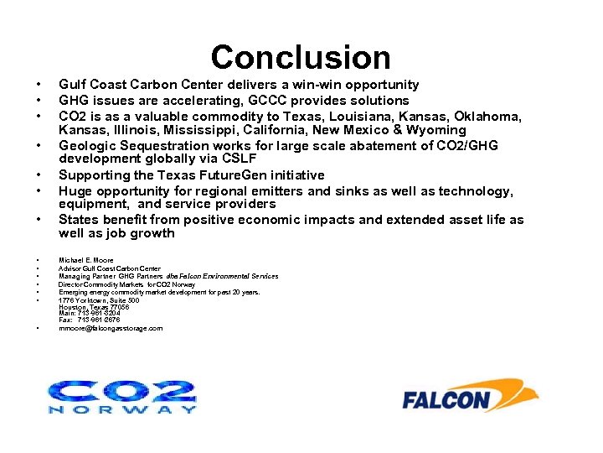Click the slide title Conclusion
(x=301, y=57)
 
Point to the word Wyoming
(x=435, y=130)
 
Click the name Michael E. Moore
(x=86, y=261)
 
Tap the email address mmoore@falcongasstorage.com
(x=111, y=328)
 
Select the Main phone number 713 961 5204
(x=95, y=313)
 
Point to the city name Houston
(x=73, y=307)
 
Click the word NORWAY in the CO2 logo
(x=122, y=409)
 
